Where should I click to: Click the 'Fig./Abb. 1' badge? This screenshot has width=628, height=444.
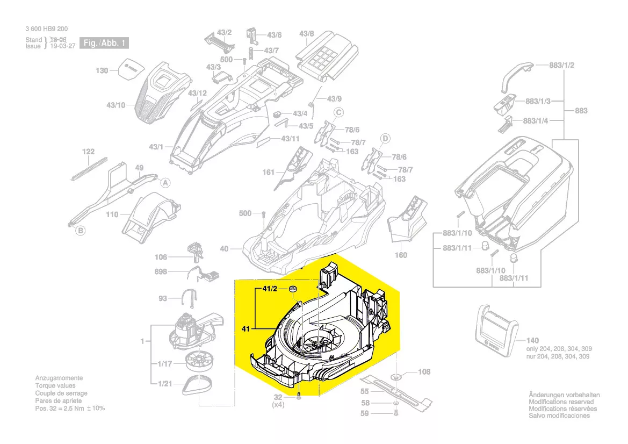point(104,43)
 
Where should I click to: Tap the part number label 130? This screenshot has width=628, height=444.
point(102,70)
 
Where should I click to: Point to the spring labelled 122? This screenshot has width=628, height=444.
point(89,168)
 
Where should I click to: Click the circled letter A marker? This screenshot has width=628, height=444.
point(166,183)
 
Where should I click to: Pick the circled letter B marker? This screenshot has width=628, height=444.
point(80,231)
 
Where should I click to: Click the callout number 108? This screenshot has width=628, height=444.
point(424,371)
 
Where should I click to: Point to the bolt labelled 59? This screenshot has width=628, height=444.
point(395,413)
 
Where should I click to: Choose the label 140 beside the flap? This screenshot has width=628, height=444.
point(532,341)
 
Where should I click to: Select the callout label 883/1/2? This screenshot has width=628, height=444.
point(562,65)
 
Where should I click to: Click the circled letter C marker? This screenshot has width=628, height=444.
point(339,112)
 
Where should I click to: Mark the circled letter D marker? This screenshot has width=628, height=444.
point(385,138)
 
